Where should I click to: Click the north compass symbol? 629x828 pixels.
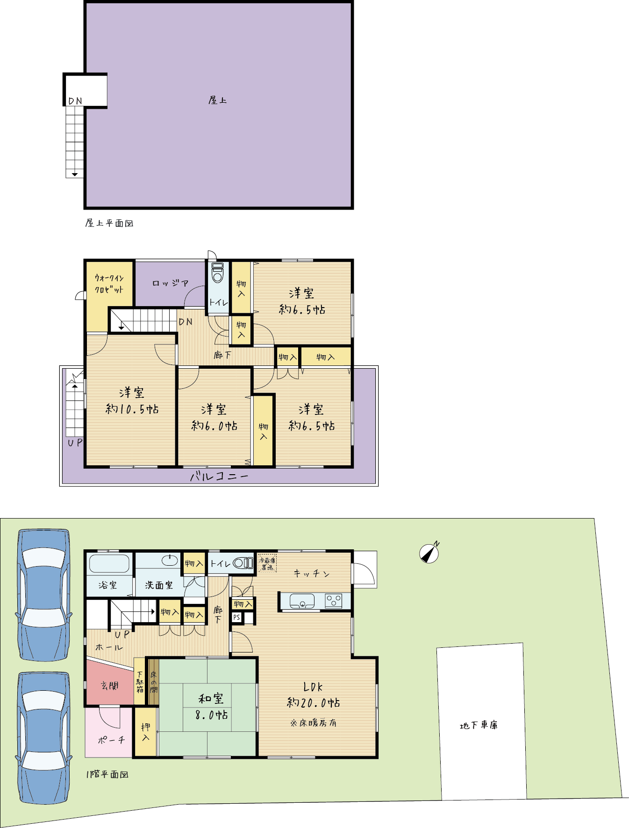tap(429, 553)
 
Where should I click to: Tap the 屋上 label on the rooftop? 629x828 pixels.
tap(218, 100)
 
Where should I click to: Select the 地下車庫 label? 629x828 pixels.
tap(479, 725)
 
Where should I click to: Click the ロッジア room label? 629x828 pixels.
tap(171, 283)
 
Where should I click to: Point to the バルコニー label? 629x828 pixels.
tap(219, 477)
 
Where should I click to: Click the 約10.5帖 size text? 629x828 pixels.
tap(132, 409)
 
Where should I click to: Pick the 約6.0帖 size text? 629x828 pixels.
tap(214, 426)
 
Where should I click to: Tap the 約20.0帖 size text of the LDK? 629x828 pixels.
tap(314, 702)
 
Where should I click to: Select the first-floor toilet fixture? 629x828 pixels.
tap(243, 563)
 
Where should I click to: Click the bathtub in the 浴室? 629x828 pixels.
tap(109, 563)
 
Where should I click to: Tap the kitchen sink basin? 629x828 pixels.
tap(302, 601)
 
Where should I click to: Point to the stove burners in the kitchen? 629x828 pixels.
tap(334, 601)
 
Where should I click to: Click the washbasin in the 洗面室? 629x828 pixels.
tap(170, 560)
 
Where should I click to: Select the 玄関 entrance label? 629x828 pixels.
tap(110, 686)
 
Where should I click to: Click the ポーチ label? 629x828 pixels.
tap(112, 740)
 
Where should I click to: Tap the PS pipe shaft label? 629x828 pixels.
tap(236, 617)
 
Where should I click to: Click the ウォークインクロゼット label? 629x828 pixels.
tap(109, 284)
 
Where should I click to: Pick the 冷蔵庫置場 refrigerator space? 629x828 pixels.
tap(267, 563)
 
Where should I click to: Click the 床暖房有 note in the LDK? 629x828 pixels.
tap(314, 723)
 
